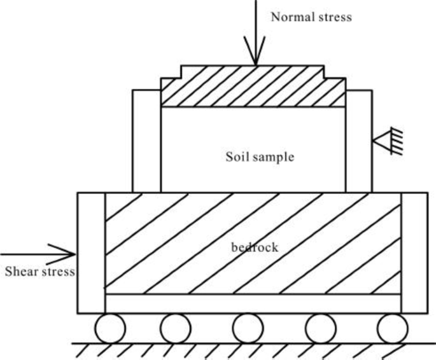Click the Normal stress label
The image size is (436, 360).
pyautogui.click(x=311, y=17)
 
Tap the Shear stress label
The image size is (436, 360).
pyautogui.click(x=40, y=272)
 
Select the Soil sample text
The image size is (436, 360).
pyautogui.click(x=260, y=156)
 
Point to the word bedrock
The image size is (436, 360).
pyautogui.click(x=255, y=247)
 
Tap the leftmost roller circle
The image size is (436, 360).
pyautogui.click(x=111, y=328)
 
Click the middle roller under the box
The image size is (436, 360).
pyautogui.click(x=248, y=328)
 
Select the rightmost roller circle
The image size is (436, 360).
pyautogui.click(x=392, y=328)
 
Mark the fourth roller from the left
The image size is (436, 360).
pyautogui.click(x=320, y=328)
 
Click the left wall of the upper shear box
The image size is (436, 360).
pyautogui.click(x=146, y=140)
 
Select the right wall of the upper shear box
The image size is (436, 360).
pyautogui.click(x=359, y=140)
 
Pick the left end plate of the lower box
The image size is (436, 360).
pyautogui.click(x=90, y=252)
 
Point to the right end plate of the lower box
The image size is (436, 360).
pyautogui.click(x=414, y=252)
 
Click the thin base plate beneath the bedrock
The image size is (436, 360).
pyautogui.click(x=253, y=303)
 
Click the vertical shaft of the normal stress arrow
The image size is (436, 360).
pyautogui.click(x=256, y=25)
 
